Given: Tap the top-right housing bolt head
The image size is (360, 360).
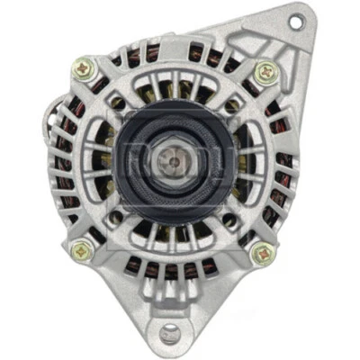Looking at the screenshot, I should [264, 71].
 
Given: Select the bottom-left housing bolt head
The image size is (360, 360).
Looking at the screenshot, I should [79, 251].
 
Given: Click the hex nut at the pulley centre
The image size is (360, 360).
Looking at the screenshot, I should [171, 160].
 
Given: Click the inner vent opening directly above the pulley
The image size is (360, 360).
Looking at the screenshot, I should [171, 90].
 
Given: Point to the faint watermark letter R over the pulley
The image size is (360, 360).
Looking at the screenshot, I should [135, 161].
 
